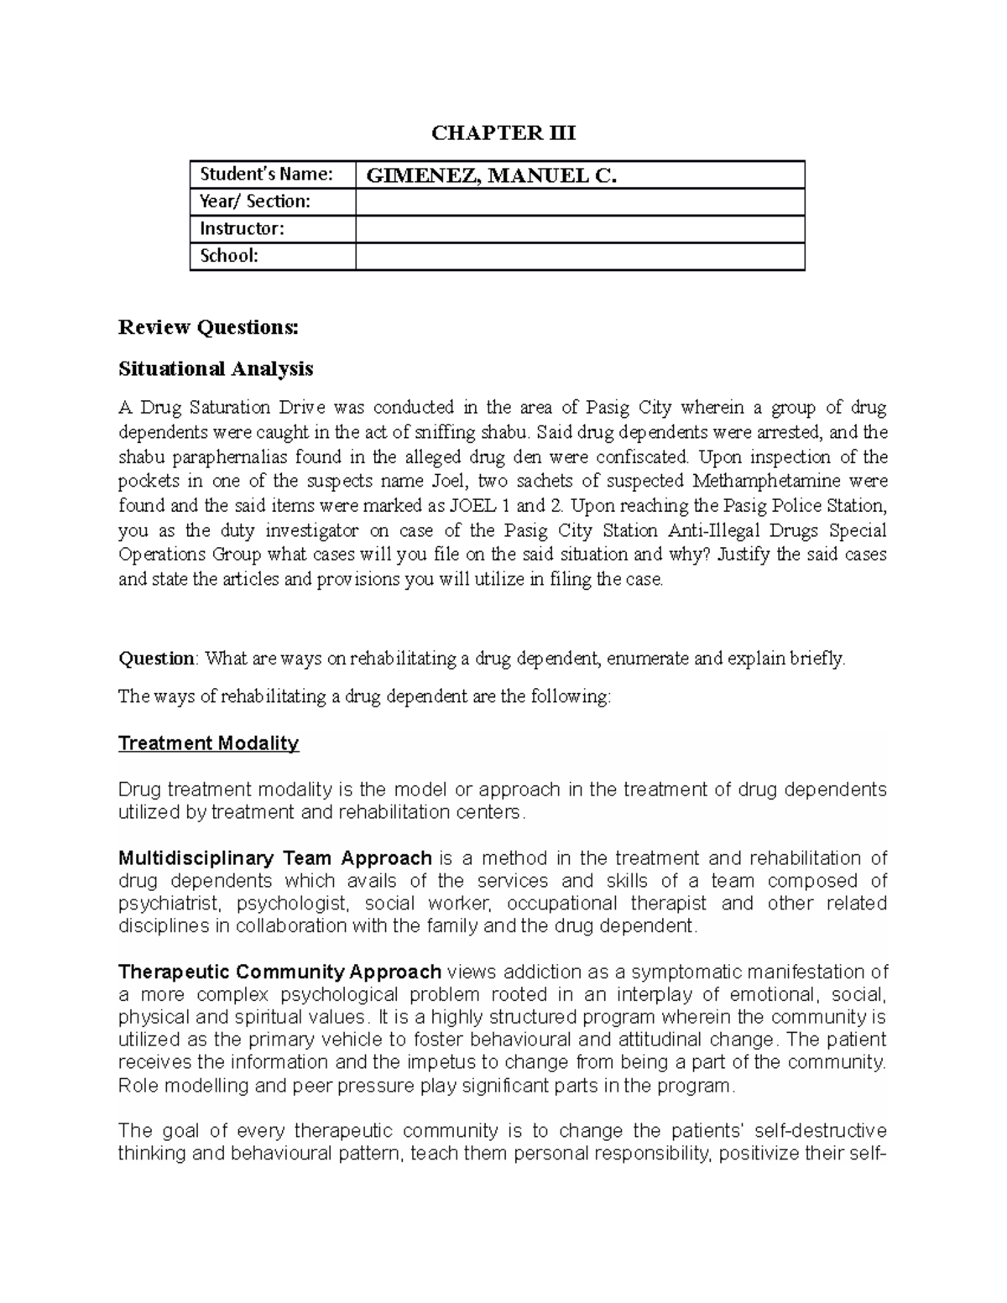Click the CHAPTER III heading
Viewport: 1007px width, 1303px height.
(x=503, y=133)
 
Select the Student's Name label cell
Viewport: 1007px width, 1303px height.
(x=266, y=175)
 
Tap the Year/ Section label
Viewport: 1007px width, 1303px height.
(x=254, y=201)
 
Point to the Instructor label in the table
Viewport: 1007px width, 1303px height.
(x=242, y=229)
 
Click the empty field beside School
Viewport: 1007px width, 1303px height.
(x=579, y=256)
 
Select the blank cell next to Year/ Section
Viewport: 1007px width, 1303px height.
(x=579, y=202)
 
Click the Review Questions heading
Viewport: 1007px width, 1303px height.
(x=208, y=327)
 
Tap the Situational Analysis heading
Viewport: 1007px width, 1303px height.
(x=216, y=368)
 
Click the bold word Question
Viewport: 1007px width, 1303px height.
(x=156, y=659)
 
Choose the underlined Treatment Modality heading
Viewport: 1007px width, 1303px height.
(x=208, y=743)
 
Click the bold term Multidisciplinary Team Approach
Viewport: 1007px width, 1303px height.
(x=275, y=858)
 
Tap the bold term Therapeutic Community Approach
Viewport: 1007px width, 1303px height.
(x=279, y=972)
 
